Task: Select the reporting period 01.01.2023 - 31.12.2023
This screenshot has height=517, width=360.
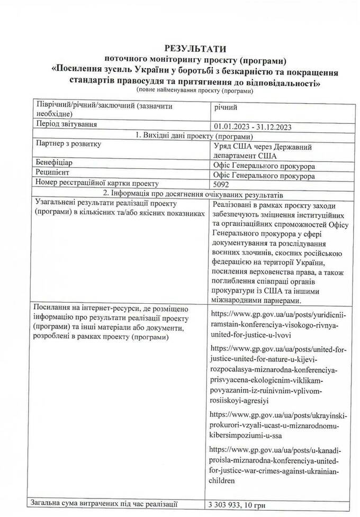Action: (x=252, y=126)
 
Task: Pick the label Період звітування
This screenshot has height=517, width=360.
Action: (x=67, y=125)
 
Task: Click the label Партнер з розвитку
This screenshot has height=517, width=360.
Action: (x=67, y=143)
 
